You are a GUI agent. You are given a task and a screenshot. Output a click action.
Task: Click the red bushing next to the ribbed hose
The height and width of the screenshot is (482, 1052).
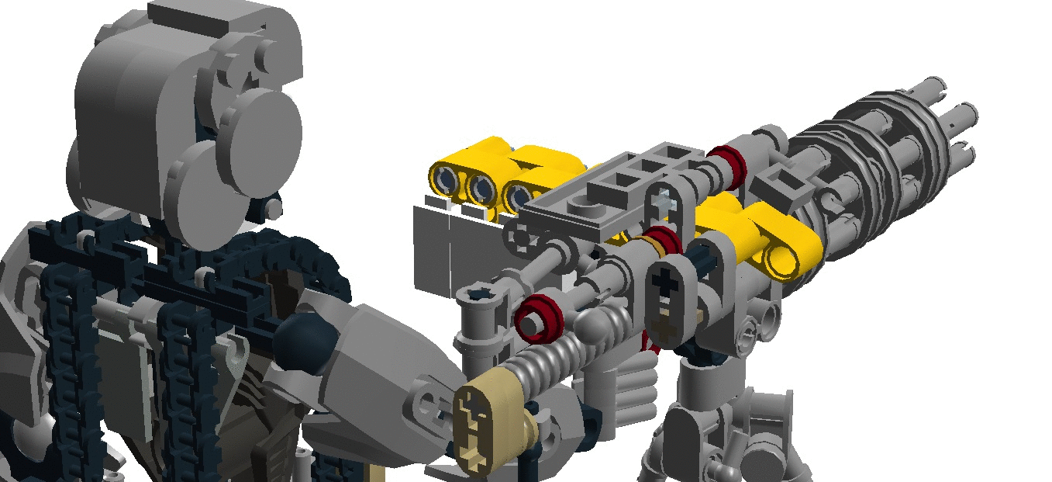coord(538,317)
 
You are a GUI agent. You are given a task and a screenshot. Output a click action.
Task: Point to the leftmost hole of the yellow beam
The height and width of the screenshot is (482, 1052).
coord(447,179)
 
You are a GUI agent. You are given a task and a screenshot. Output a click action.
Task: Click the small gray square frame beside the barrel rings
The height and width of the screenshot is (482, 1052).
coord(775,187)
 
